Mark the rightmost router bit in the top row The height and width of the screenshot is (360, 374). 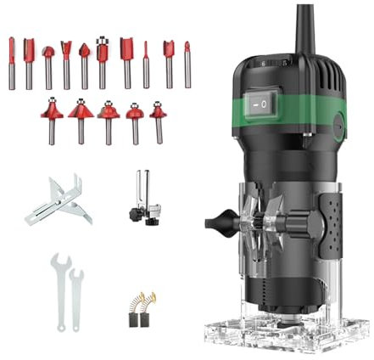click(x=187, y=64)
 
